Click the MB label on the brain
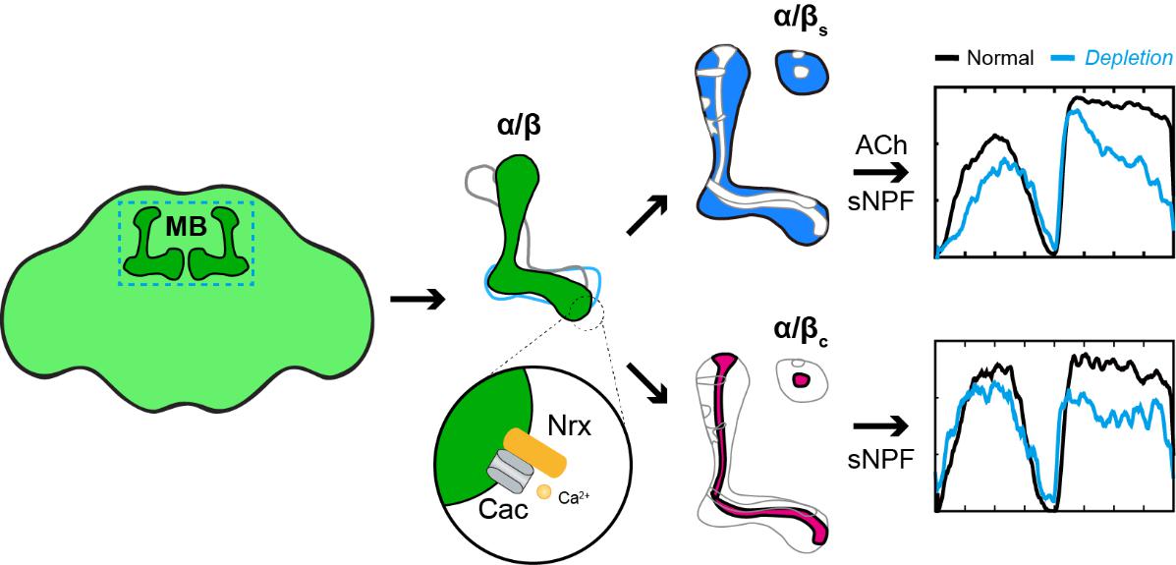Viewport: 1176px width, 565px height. coord(186,227)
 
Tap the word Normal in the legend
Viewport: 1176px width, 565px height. coord(999,58)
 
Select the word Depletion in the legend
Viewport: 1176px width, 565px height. coord(1128,58)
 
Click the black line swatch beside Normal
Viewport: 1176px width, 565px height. coord(946,58)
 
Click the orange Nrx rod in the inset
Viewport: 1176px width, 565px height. coord(535,451)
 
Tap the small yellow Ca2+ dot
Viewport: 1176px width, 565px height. coord(544,490)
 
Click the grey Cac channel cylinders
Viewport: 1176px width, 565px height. coord(508,475)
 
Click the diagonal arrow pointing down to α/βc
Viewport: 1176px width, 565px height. coord(647,378)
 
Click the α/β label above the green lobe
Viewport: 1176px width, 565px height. coord(520,129)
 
